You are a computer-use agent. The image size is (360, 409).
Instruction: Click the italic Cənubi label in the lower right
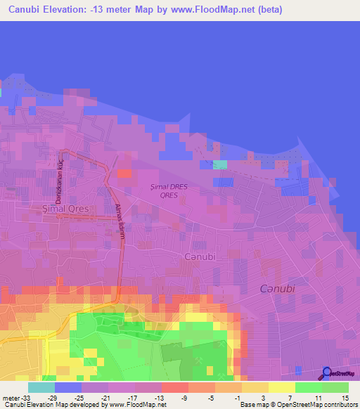(x=277, y=289)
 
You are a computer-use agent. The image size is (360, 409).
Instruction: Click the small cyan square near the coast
(x=220, y=164)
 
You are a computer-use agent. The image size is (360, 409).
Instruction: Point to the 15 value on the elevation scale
(x=344, y=398)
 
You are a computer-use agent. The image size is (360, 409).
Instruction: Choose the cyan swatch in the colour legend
(x=41, y=387)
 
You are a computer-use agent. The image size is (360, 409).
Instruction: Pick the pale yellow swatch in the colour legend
(x=282, y=387)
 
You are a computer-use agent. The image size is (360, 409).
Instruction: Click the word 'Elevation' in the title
(x=72, y=10)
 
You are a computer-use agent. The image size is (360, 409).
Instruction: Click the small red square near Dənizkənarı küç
(x=124, y=173)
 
